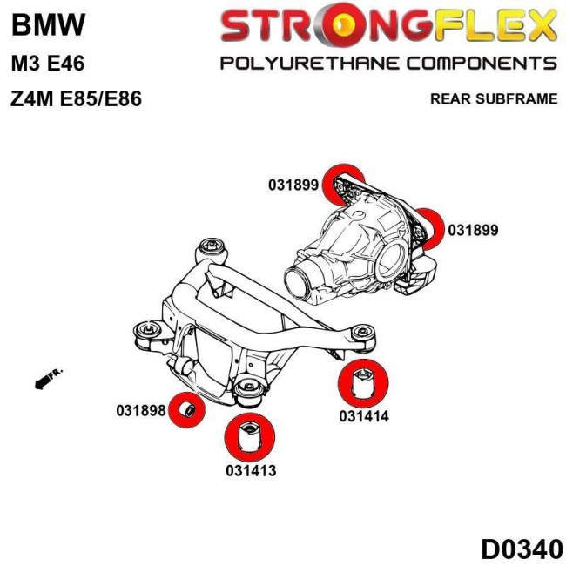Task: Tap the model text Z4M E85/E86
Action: (x=76, y=98)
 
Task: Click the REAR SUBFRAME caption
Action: (x=494, y=98)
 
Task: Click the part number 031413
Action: (x=249, y=470)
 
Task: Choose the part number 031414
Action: (x=363, y=416)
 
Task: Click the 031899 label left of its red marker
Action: (x=293, y=185)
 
